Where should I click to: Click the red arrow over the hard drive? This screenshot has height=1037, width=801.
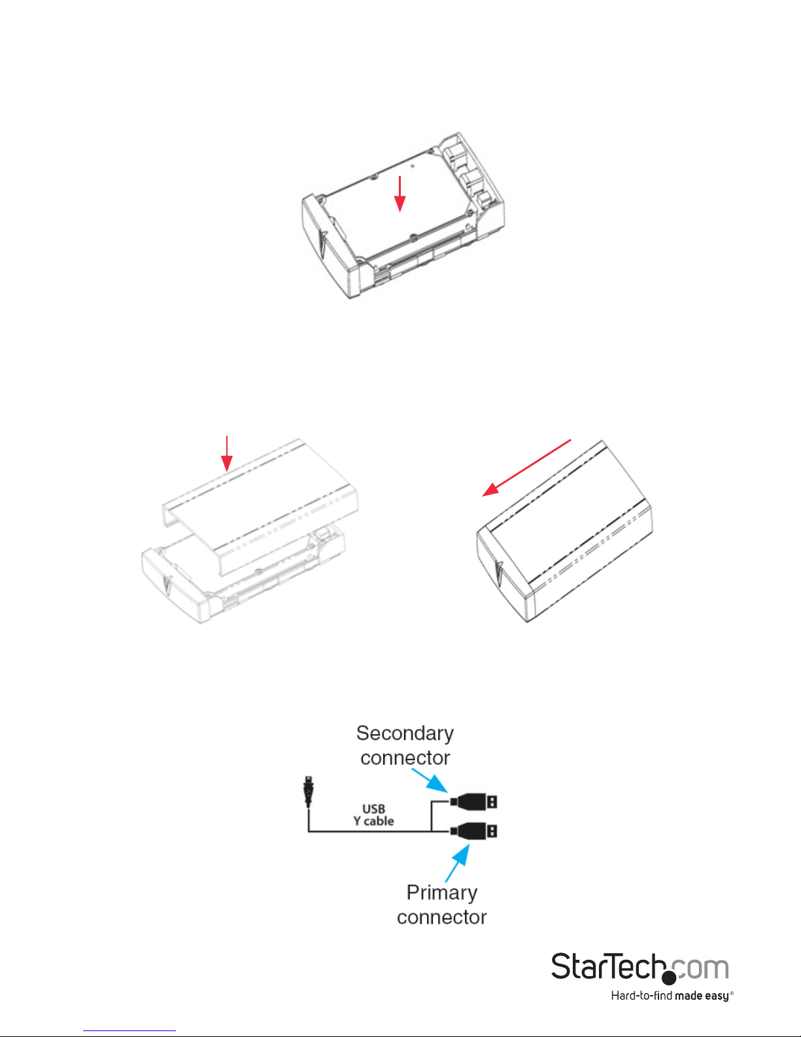[x=400, y=194]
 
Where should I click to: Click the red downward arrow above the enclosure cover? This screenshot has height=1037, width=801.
[x=227, y=453]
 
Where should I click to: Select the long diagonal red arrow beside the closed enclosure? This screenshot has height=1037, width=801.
[x=526, y=468]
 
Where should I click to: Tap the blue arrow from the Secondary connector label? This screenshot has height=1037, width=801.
[x=430, y=781]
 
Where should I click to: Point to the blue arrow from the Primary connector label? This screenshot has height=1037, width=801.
[x=457, y=863]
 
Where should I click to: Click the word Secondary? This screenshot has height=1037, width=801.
[x=405, y=733]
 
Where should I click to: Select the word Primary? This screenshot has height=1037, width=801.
[x=441, y=893]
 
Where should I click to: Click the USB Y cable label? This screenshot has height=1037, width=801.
[x=373, y=815]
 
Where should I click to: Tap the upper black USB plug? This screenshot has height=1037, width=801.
[x=474, y=801]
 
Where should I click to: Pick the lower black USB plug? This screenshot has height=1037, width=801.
[x=474, y=832]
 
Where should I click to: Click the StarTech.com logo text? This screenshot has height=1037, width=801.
[x=640, y=968]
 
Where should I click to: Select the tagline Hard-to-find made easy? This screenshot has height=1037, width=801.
[x=672, y=996]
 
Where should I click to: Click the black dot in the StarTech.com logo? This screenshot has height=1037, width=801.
[x=669, y=977]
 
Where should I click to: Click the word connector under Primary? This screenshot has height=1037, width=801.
[x=441, y=917]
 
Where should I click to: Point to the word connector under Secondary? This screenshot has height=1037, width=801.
[x=405, y=758]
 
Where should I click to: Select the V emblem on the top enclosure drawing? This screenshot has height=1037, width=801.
[x=323, y=243]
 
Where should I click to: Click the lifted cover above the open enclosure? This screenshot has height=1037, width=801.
[x=260, y=506]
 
